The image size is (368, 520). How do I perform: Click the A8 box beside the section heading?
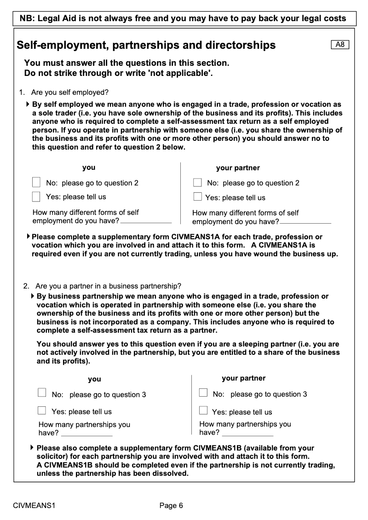tap(340, 45)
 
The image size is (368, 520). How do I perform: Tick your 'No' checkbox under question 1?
tap(36, 182)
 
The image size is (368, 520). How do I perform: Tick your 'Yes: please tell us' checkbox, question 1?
tap(36, 196)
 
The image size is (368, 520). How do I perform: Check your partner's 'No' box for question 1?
tap(198, 182)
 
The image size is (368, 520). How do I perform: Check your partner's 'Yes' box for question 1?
tap(198, 197)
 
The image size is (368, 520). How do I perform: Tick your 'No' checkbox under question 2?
tap(42, 393)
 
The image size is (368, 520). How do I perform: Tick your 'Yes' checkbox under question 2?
tap(42, 410)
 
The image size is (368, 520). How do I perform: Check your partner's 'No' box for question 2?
tap(203, 393)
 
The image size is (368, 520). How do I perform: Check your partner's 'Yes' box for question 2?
tap(203, 410)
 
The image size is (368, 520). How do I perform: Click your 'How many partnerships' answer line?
tap(86, 433)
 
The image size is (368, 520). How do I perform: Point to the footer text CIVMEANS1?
tap(34, 506)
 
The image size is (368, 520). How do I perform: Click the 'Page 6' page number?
tap(171, 506)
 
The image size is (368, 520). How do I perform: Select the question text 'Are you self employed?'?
tap(70, 92)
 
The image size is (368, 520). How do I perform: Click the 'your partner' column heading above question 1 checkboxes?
tap(238, 168)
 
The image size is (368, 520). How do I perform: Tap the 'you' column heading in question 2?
tap(94, 379)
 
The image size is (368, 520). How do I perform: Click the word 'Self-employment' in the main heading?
tap(61, 45)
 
